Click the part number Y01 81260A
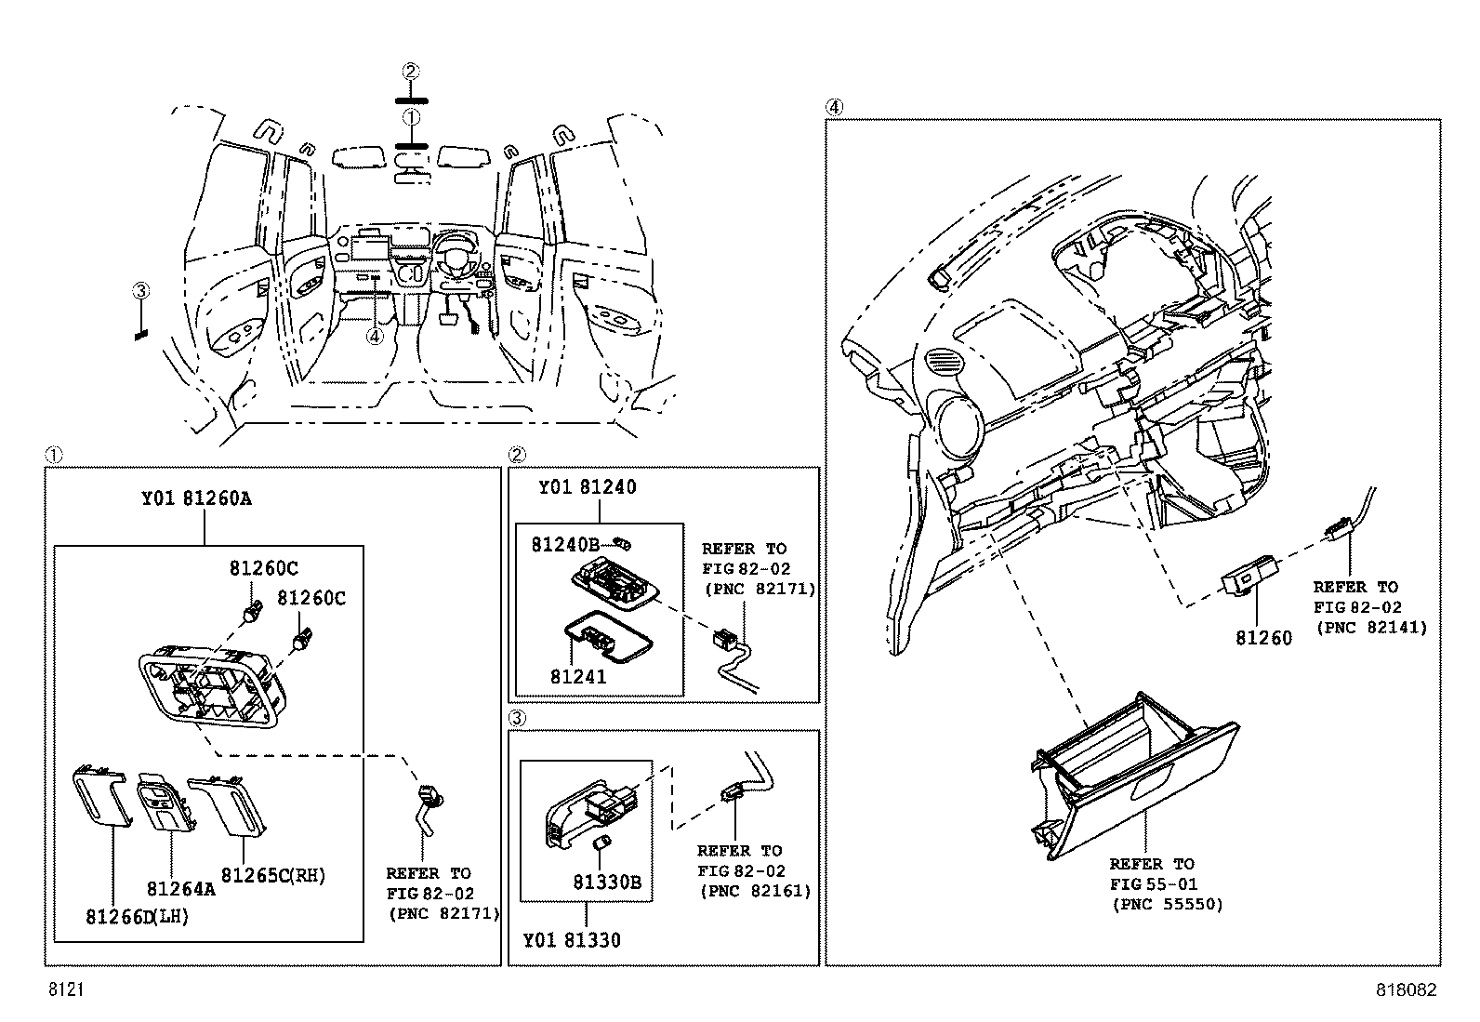[x=196, y=498]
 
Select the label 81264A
[x=179, y=888]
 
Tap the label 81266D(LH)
[x=138, y=917]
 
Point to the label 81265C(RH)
[x=273, y=875]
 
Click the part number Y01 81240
[x=588, y=487]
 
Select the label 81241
[x=577, y=677]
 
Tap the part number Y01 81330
[x=571, y=940]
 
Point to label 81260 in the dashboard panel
[x=1262, y=639]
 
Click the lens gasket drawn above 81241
[x=601, y=637]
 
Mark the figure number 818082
[x=1406, y=990]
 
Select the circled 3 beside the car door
[x=140, y=291]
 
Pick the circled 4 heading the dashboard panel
[x=834, y=108]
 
